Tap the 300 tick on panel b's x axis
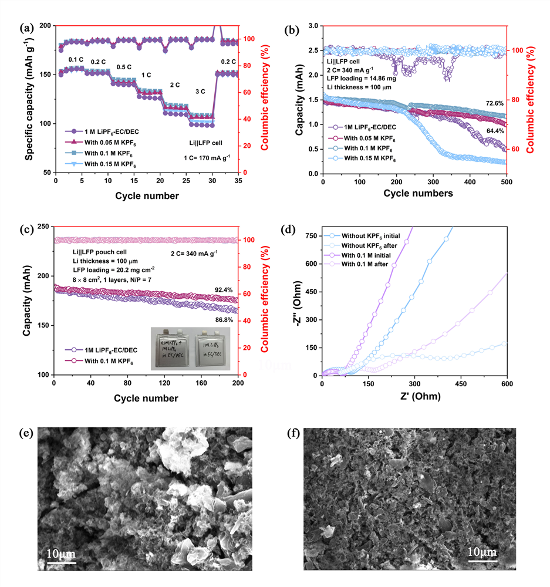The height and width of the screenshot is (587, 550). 433,183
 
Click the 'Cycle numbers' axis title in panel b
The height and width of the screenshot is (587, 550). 415,193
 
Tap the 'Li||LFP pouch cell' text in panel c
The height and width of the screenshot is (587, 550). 95,251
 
